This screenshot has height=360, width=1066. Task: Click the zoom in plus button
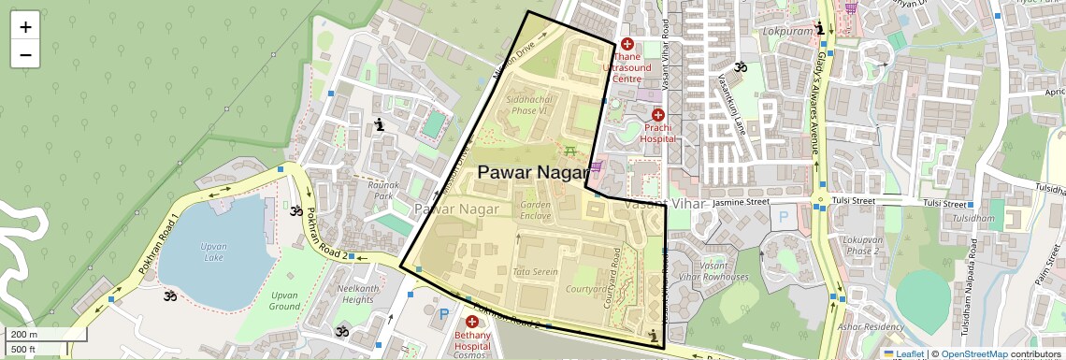coord(25,27)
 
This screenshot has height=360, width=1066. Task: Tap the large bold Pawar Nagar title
coord(534,172)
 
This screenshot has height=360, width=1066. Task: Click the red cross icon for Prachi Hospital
coord(658,114)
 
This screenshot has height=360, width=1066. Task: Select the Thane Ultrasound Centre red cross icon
coord(627,44)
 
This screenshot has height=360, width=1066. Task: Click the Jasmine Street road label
coord(740,202)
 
